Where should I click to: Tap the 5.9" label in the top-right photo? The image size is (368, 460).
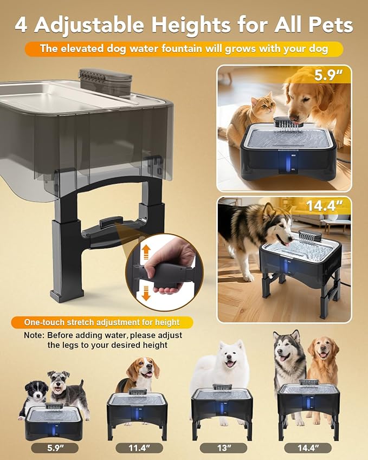click(330, 75)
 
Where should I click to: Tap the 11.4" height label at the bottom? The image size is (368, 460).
click(139, 448)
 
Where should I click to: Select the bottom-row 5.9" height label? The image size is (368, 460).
click(54, 448)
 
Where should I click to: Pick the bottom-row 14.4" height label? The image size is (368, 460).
click(308, 448)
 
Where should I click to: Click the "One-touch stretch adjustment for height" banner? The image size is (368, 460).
click(102, 322)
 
